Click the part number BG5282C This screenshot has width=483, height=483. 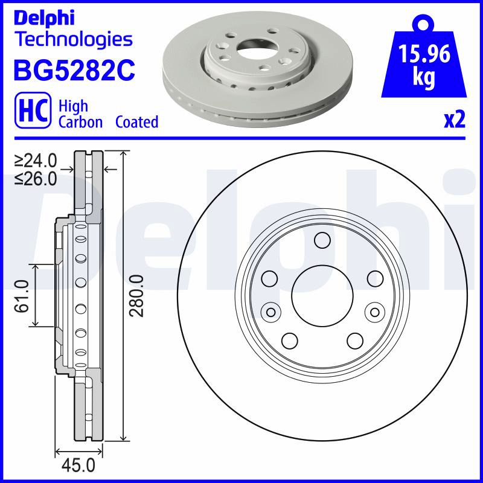point(74,70)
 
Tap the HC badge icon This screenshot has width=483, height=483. point(33,110)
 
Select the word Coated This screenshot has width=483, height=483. point(137,122)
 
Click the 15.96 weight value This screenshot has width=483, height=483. point(424,54)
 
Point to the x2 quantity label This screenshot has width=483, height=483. point(455,120)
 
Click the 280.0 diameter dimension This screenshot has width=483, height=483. point(136,296)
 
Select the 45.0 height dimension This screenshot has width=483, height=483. point(78,465)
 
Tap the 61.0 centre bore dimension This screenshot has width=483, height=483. point(22,296)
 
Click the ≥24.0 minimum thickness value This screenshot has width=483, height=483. point(36,161)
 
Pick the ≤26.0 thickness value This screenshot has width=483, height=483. point(36,179)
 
